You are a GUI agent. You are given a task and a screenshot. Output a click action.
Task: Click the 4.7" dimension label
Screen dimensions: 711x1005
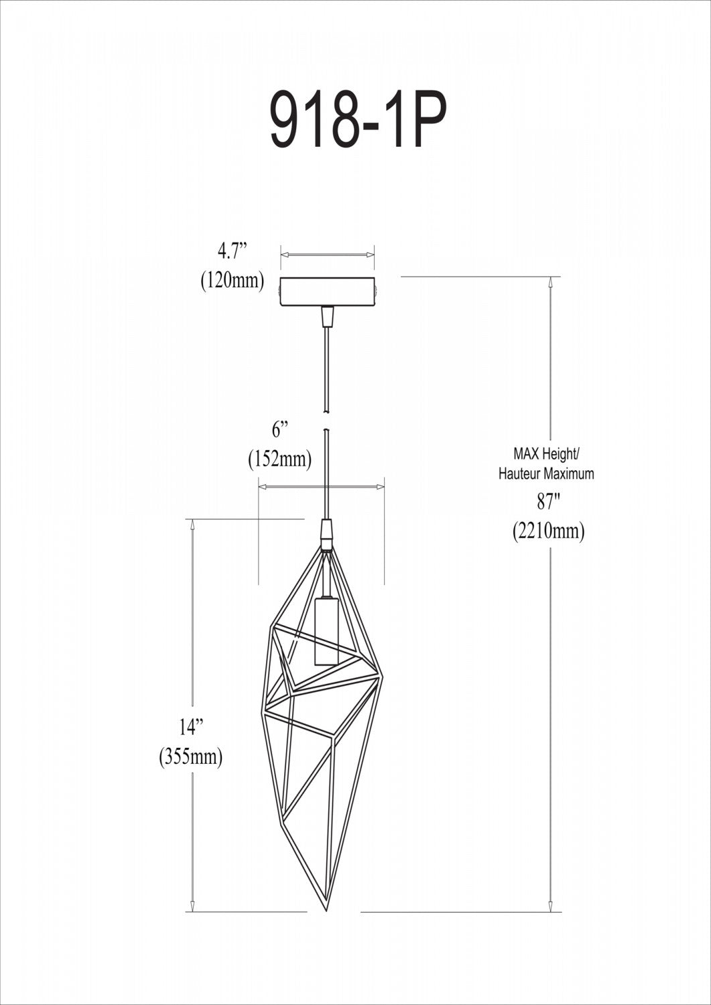233,253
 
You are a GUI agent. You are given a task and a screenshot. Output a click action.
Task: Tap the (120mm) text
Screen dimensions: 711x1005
233,282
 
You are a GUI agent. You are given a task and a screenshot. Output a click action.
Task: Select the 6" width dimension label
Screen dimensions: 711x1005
279,430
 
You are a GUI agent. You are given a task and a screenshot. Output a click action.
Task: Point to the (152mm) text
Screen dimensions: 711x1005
279,460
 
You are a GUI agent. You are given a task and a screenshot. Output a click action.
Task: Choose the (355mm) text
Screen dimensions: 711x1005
190,756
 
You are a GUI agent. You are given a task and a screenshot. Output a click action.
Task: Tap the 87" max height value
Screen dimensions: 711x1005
547,502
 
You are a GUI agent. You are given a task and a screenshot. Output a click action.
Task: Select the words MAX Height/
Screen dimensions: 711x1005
547,454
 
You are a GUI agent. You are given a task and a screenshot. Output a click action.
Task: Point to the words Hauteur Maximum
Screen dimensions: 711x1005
546,474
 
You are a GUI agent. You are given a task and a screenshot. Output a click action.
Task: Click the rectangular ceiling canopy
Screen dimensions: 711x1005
328,291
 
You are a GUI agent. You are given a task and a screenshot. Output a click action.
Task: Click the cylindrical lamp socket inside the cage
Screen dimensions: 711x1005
326,631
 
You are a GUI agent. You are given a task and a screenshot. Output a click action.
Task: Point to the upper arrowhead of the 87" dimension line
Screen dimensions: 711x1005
551,281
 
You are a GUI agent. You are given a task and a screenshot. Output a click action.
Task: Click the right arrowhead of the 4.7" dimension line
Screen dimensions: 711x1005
369,255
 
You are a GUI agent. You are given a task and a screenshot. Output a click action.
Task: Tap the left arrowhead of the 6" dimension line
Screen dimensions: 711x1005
263,487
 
